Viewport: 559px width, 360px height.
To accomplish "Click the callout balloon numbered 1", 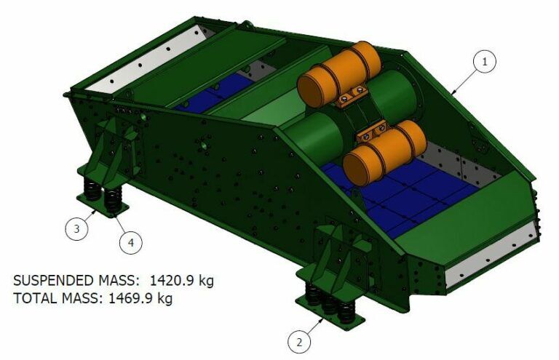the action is [485, 62].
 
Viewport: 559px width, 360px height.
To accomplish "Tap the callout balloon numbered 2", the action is [299, 343].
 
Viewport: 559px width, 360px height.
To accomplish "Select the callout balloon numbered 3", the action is [76, 228].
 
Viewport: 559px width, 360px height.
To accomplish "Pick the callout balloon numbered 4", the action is [131, 242].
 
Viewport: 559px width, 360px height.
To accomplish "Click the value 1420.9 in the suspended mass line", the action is [170, 281].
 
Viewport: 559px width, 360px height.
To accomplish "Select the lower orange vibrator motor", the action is [384, 153].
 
